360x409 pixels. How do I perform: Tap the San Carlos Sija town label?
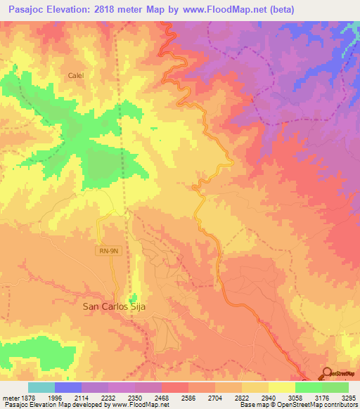coord(114,306)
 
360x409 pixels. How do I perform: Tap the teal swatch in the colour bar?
coord(41,387)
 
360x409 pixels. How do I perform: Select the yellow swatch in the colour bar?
coord(281,387)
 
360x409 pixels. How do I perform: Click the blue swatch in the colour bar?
coord(68,387)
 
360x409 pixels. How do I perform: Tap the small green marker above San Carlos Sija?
coord(134,297)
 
